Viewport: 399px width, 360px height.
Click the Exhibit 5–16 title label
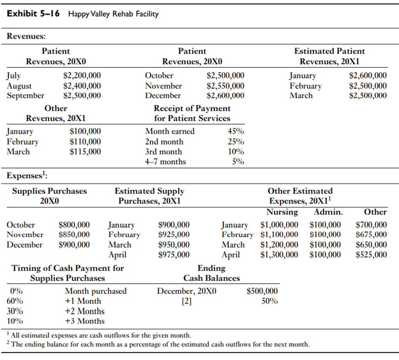point(33,14)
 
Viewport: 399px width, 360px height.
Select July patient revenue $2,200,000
point(82,76)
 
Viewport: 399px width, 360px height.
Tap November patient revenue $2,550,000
point(225,86)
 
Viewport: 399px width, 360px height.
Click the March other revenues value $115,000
point(85,151)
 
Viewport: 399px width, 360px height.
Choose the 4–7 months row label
point(165,162)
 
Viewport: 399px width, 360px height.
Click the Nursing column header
point(282,212)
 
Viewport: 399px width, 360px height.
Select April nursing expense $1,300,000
point(279,255)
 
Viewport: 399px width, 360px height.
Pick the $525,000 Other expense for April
point(371,255)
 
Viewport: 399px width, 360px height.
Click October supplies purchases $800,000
point(74,225)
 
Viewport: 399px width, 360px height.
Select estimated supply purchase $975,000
point(174,255)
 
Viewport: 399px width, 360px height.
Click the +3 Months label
point(84,321)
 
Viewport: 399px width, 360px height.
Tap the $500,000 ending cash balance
point(262,291)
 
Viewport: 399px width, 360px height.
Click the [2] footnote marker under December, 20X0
point(186,301)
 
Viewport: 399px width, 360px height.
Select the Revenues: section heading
point(26,36)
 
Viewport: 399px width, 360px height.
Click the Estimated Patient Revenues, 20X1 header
point(330,56)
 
